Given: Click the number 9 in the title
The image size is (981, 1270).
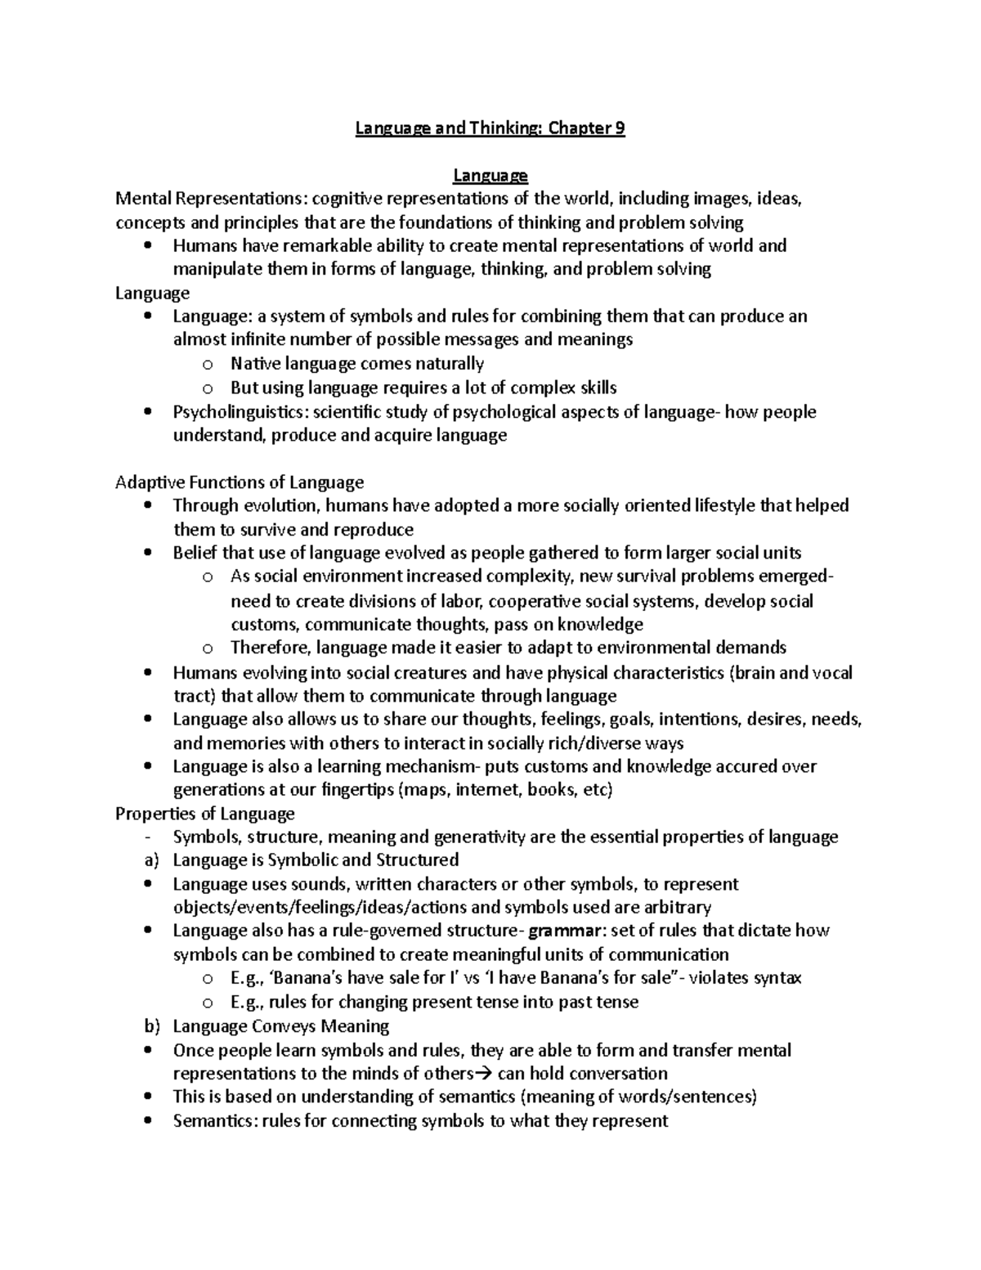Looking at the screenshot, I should point(619,128).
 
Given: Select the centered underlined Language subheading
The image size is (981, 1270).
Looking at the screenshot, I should point(490,176).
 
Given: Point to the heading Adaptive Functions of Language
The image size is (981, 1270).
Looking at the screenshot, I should point(240,482).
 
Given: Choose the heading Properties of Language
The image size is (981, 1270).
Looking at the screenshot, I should point(204,814).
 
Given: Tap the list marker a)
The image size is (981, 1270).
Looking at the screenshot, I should point(148,860).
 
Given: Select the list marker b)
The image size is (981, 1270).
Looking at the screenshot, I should point(148,1026).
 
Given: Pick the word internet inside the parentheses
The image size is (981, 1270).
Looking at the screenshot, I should point(487,790).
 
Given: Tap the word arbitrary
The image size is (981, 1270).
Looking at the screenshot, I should point(670,907).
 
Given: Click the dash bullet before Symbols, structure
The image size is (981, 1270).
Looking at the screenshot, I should point(146,837).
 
